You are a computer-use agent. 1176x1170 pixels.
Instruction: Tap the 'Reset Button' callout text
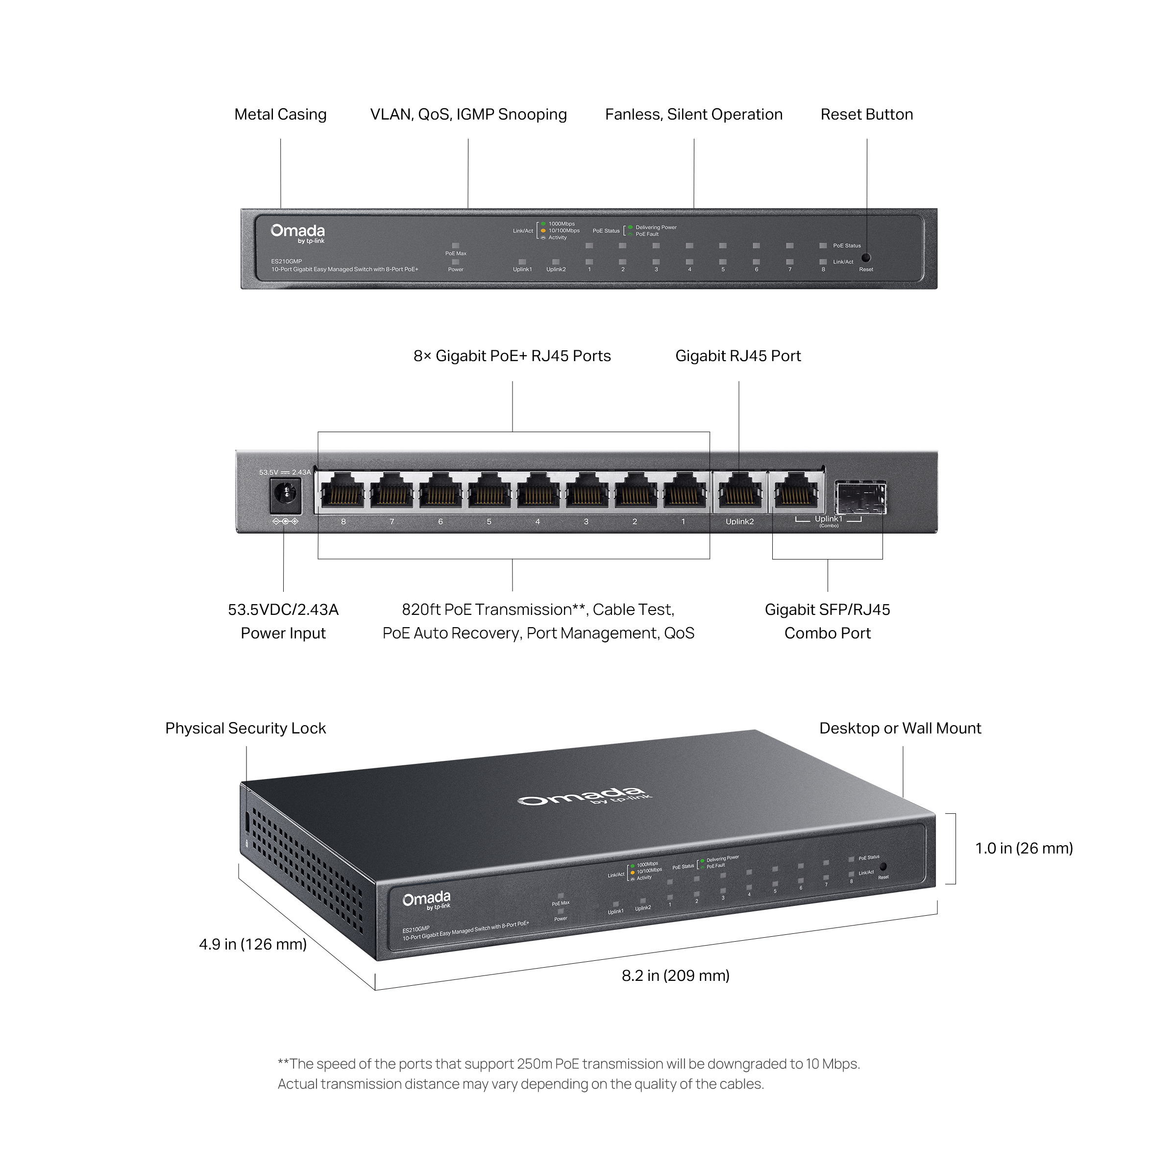click(866, 115)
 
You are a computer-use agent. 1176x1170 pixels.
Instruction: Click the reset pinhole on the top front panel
click(865, 258)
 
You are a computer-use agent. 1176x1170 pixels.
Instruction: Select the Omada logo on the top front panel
click(297, 231)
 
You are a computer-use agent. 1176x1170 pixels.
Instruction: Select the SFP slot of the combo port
click(860, 498)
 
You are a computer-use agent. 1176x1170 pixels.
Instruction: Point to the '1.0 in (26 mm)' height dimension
click(1024, 848)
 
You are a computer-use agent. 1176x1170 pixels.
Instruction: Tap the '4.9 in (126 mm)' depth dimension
click(253, 944)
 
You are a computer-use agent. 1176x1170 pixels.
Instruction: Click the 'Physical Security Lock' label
click(245, 728)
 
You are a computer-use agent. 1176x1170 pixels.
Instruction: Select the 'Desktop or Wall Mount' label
click(900, 728)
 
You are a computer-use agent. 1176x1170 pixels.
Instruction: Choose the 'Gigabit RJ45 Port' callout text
click(738, 356)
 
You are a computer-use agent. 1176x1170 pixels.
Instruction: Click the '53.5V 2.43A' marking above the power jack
click(285, 472)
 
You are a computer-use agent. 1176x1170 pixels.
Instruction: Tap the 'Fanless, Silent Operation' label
click(693, 115)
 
